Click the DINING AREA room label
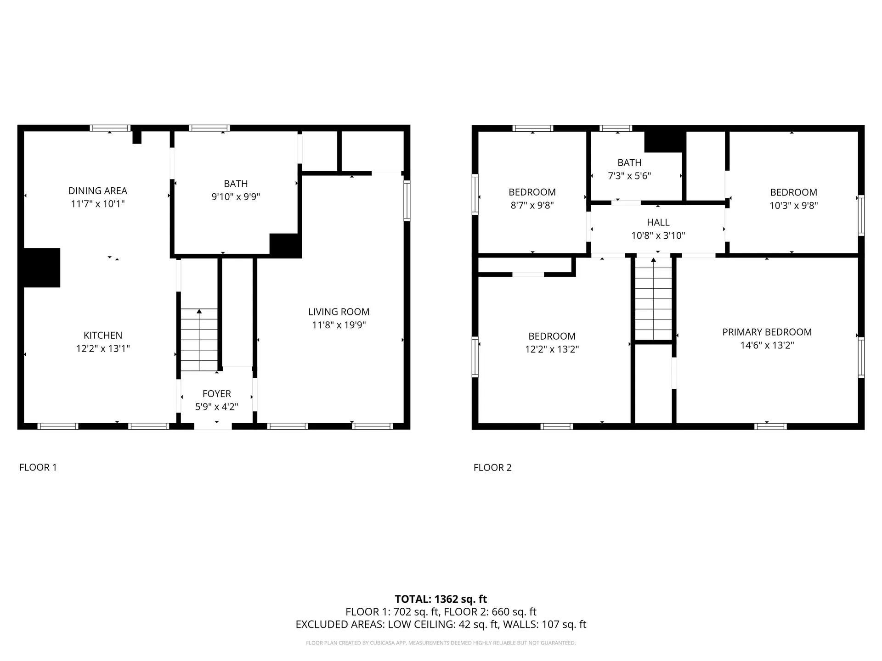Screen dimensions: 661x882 (97, 191)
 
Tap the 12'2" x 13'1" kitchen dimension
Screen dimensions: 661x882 (103, 349)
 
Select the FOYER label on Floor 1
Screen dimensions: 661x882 (216, 394)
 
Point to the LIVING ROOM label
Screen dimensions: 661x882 (339, 312)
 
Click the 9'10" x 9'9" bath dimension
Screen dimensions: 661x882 (236, 197)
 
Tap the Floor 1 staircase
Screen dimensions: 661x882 (199, 340)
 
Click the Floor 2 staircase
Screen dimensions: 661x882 (653, 298)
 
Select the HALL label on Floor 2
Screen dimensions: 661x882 (658, 223)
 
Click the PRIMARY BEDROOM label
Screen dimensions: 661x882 (767, 332)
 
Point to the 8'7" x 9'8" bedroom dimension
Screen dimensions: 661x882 (532, 206)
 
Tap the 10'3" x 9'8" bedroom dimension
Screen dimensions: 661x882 (793, 206)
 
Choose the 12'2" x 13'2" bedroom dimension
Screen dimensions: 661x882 (552, 349)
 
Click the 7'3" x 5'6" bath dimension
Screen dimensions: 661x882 (629, 176)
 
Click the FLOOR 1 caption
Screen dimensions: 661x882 (38, 467)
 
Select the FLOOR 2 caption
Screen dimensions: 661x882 (492, 468)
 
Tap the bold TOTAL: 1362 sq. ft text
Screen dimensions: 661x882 (441, 599)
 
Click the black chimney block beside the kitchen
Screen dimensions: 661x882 (41, 268)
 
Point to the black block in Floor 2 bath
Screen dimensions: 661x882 (664, 142)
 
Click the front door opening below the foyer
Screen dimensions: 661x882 (213, 426)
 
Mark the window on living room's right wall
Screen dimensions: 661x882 (407, 201)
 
